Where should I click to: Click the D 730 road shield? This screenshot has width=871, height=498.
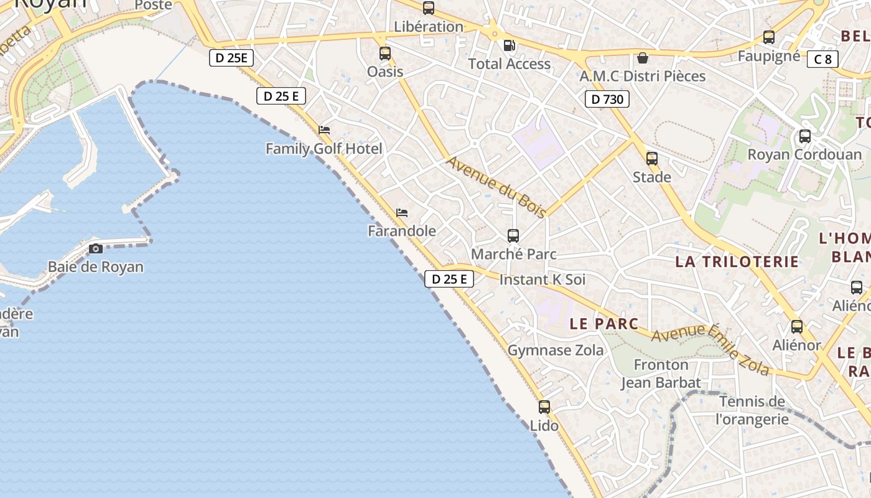(607, 98)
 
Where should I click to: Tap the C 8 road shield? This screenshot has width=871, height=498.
(822, 59)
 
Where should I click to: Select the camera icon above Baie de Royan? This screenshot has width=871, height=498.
(96, 248)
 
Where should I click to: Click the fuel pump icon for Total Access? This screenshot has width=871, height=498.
(509, 45)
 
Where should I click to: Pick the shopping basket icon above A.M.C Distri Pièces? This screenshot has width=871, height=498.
(643, 58)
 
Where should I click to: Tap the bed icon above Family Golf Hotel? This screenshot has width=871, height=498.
(324, 130)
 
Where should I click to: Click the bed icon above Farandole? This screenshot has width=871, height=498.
(402, 213)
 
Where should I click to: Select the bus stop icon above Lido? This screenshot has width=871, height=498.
(544, 407)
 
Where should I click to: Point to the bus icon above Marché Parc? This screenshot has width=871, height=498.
(513, 235)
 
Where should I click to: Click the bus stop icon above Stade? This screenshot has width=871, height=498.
(652, 158)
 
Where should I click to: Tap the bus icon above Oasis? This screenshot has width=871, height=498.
(385, 53)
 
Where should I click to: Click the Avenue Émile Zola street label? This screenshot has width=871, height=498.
(710, 349)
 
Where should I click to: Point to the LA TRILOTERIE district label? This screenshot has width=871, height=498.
(737, 261)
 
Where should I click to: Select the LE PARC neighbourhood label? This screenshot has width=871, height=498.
(604, 324)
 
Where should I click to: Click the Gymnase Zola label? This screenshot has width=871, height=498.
(556, 350)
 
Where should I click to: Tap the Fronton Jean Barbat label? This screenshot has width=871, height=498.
(661, 374)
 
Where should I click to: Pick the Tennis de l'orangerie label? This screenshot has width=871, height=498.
(752, 410)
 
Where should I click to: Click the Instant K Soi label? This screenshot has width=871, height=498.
(543, 280)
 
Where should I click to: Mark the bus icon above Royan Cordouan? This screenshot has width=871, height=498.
(805, 136)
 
